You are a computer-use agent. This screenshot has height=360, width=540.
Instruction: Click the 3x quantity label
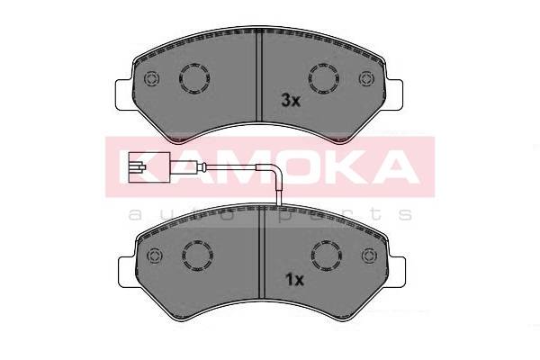point(291,101)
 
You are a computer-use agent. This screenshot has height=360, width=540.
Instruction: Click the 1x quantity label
point(295,280)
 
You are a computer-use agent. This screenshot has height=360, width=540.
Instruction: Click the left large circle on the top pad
point(194,78)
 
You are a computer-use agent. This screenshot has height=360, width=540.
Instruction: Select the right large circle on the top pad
point(323,78)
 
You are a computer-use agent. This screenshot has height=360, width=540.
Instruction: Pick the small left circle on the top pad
point(151,78)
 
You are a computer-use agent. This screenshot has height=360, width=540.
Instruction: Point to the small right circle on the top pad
point(366,78)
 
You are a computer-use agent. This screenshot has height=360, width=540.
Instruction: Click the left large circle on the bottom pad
point(197,256)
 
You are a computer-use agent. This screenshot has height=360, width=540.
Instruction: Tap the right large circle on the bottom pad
point(327,256)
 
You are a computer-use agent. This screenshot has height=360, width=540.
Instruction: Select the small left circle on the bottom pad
point(155,256)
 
